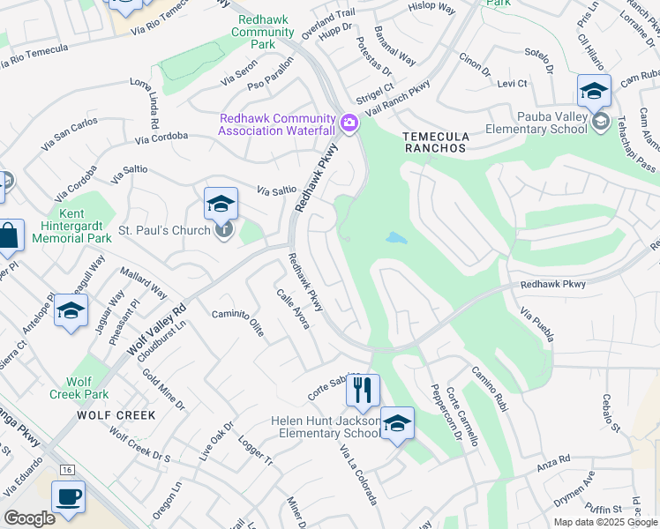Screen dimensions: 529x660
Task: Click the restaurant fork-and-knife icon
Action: point(363,390)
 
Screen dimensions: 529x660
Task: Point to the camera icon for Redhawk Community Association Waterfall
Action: point(350,123)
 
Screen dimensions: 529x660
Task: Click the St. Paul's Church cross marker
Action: point(225,230)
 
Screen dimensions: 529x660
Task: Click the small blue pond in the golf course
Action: point(396,239)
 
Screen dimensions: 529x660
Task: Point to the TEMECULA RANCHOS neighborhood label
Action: point(433,142)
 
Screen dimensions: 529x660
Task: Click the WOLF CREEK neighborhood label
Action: point(116,414)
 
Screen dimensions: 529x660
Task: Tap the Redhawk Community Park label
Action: point(263,32)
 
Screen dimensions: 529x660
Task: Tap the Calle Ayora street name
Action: point(293,309)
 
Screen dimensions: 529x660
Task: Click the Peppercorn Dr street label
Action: point(446,412)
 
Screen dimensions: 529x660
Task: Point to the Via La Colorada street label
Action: point(359,474)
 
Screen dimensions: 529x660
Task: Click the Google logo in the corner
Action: point(30,518)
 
